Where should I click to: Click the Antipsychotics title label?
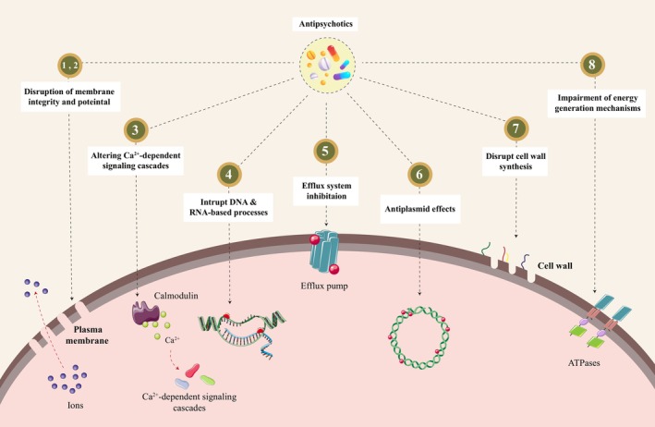pos(326,24)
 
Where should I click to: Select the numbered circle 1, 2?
pos(70,65)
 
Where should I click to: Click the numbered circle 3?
pos(136,129)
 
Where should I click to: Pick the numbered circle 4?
pos(229,174)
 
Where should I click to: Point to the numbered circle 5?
pos(325,151)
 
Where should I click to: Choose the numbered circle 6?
pos(419,174)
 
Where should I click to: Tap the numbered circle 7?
pos(516,128)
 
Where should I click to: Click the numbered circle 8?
pos(592,65)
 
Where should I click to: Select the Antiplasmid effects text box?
pos(419,209)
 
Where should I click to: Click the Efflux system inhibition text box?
pos(326,190)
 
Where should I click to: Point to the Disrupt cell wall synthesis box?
pos(516,161)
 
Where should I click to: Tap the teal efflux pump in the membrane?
pos(324,253)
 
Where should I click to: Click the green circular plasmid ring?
pos(419,337)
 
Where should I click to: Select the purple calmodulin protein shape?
pos(145,313)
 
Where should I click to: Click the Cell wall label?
pos(554,266)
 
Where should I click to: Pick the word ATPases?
pos(584,363)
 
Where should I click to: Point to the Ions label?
pos(75,405)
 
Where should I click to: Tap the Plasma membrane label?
pos(88,335)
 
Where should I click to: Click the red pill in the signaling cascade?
pos(192,371)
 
